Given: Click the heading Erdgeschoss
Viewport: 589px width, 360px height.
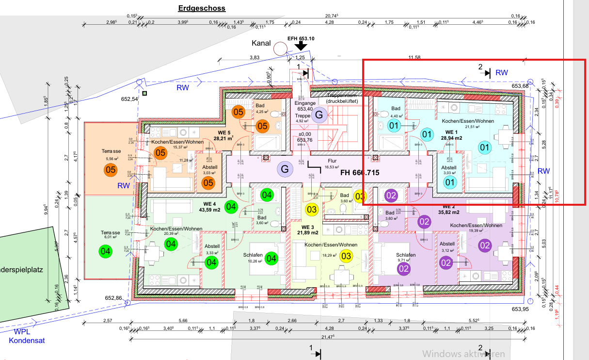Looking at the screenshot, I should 202,8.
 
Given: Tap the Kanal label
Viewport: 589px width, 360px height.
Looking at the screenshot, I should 261,44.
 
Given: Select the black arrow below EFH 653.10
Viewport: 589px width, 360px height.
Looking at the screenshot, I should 302,46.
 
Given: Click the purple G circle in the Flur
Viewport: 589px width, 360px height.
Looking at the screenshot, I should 285,169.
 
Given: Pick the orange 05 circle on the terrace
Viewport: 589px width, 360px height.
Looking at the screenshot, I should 111,170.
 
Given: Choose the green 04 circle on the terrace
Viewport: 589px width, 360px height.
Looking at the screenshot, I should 105,251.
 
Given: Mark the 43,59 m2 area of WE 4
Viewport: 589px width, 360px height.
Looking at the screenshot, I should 210,210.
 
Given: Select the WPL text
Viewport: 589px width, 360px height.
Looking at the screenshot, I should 22,332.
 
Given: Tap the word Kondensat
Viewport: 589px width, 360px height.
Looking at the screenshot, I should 27,341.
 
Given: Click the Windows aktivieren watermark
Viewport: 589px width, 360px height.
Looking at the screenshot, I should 463,354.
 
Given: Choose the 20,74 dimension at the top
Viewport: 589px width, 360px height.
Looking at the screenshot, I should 331,16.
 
